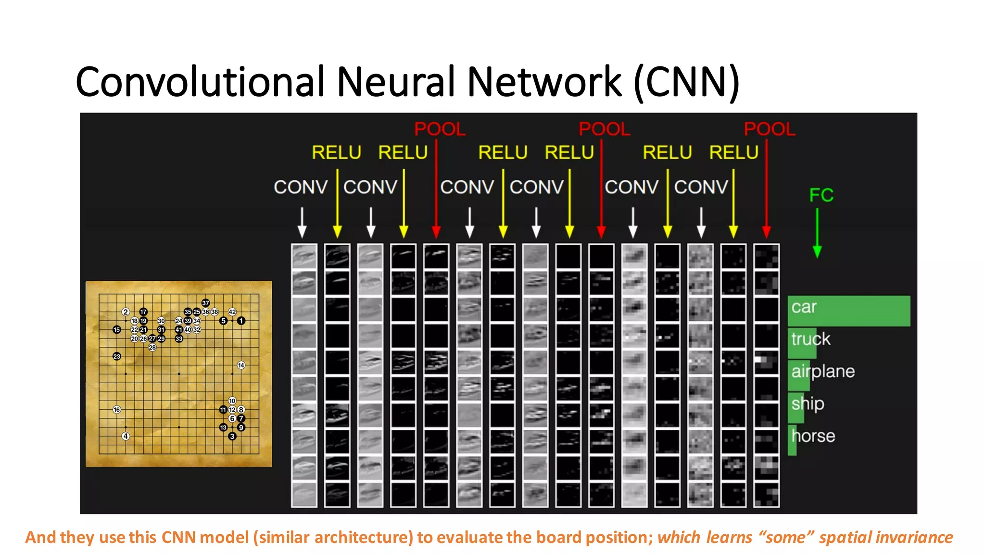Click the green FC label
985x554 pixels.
[x=821, y=195]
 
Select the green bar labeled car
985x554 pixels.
[x=849, y=311]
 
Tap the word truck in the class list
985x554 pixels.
[x=811, y=339]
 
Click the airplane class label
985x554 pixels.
[x=823, y=371]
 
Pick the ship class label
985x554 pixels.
[x=808, y=403]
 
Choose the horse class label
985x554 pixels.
[x=813, y=436]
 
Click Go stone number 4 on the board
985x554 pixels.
[x=126, y=436]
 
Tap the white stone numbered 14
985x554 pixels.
[x=241, y=365]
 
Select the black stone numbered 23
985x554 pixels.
[x=116, y=356]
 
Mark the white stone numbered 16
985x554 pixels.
[x=116, y=410]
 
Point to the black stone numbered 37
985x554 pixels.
[x=205, y=303]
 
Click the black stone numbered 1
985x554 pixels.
[x=241, y=321]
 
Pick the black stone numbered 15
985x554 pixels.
[x=116, y=329]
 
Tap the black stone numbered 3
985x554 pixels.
[x=232, y=436]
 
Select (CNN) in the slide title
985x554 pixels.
[x=686, y=82]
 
